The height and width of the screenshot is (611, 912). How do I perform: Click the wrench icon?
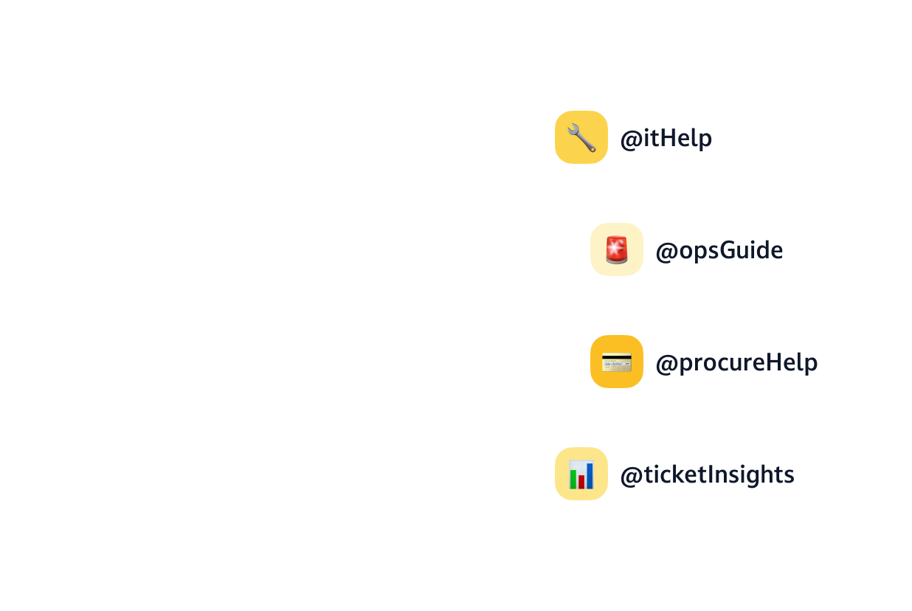[x=581, y=137]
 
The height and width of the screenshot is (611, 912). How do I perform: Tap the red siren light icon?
[x=617, y=249]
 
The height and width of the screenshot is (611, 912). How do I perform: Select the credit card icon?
[x=617, y=362]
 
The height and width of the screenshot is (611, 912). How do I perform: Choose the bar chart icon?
[x=581, y=474]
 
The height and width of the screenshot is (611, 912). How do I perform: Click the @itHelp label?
[x=666, y=139]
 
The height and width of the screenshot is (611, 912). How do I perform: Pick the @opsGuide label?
[x=719, y=251]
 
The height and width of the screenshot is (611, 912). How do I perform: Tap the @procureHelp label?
[x=736, y=363]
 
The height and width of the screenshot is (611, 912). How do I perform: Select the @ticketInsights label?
[x=707, y=475]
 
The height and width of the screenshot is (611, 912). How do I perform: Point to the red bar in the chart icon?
[x=581, y=481]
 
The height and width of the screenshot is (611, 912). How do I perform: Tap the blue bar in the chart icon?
[x=590, y=475]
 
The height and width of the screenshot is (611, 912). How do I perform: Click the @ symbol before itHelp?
[x=630, y=139]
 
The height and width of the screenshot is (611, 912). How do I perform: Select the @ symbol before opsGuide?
[x=666, y=252]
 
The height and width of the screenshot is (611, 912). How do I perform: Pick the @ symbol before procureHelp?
[x=666, y=364]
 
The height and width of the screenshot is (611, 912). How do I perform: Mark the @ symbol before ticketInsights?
[x=630, y=476]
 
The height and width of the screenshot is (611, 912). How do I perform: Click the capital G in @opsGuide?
[x=728, y=251]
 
